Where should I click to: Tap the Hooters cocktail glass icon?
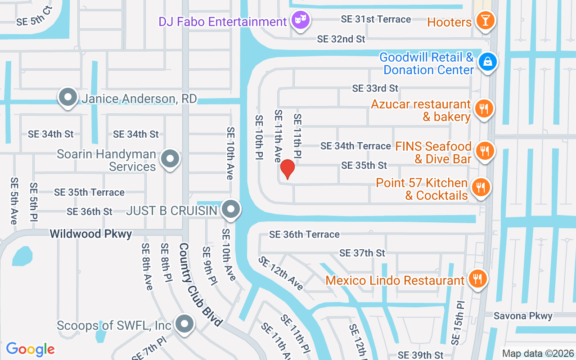point(485,21)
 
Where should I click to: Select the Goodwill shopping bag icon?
point(487,62)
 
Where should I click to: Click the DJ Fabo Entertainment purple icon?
point(300,20)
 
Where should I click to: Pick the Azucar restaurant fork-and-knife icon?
point(484,109)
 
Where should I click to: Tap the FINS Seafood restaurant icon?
point(485,151)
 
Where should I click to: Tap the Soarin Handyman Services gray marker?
point(170,159)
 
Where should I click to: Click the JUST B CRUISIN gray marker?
point(231,209)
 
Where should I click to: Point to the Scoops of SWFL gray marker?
point(184,324)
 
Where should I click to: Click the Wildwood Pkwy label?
point(91,234)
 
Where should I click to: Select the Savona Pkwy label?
point(522,316)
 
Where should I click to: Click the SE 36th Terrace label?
point(304,234)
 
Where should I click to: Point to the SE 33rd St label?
point(375,88)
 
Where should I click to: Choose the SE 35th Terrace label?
point(89,192)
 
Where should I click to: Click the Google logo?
point(30,349)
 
